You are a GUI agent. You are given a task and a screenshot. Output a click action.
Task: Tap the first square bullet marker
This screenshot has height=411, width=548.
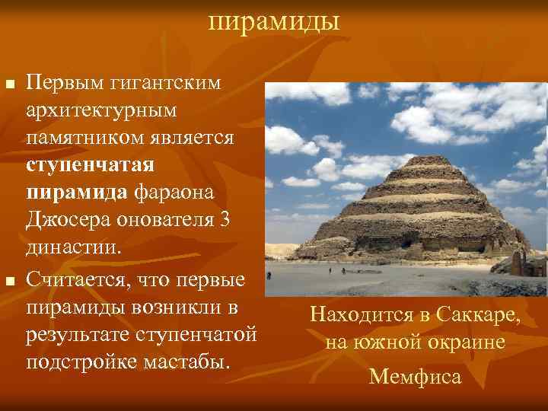coord(9,82)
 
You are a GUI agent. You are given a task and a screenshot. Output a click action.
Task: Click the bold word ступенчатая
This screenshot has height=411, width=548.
coord(90,164)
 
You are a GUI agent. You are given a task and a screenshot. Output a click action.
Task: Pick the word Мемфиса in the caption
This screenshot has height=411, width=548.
coord(415,376)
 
